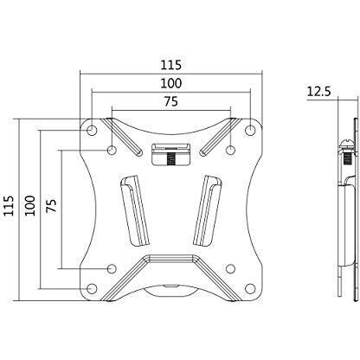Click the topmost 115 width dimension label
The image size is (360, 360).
pyautogui.click(x=171, y=64)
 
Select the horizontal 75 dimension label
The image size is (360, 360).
pyautogui.click(x=171, y=101)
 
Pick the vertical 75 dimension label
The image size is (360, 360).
pyautogui.click(x=51, y=208)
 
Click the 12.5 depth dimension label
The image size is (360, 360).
pyautogui.click(x=323, y=91)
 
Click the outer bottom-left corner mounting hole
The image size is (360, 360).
pyautogui.click(x=93, y=288)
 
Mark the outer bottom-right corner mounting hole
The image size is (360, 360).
pyautogui.click(x=250, y=288)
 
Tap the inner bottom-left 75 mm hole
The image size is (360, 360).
pyautogui.click(x=112, y=268)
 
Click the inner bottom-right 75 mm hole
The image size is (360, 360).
pyautogui.click(x=230, y=268)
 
